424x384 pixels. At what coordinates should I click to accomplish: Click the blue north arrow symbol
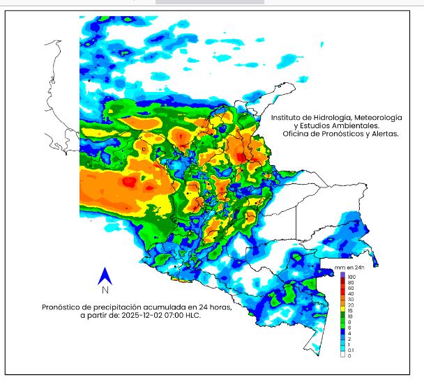point(104,276)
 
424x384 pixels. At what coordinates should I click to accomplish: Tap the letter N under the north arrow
point(104,290)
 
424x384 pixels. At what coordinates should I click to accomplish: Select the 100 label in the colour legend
point(351,276)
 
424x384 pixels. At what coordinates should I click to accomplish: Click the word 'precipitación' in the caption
point(110,307)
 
